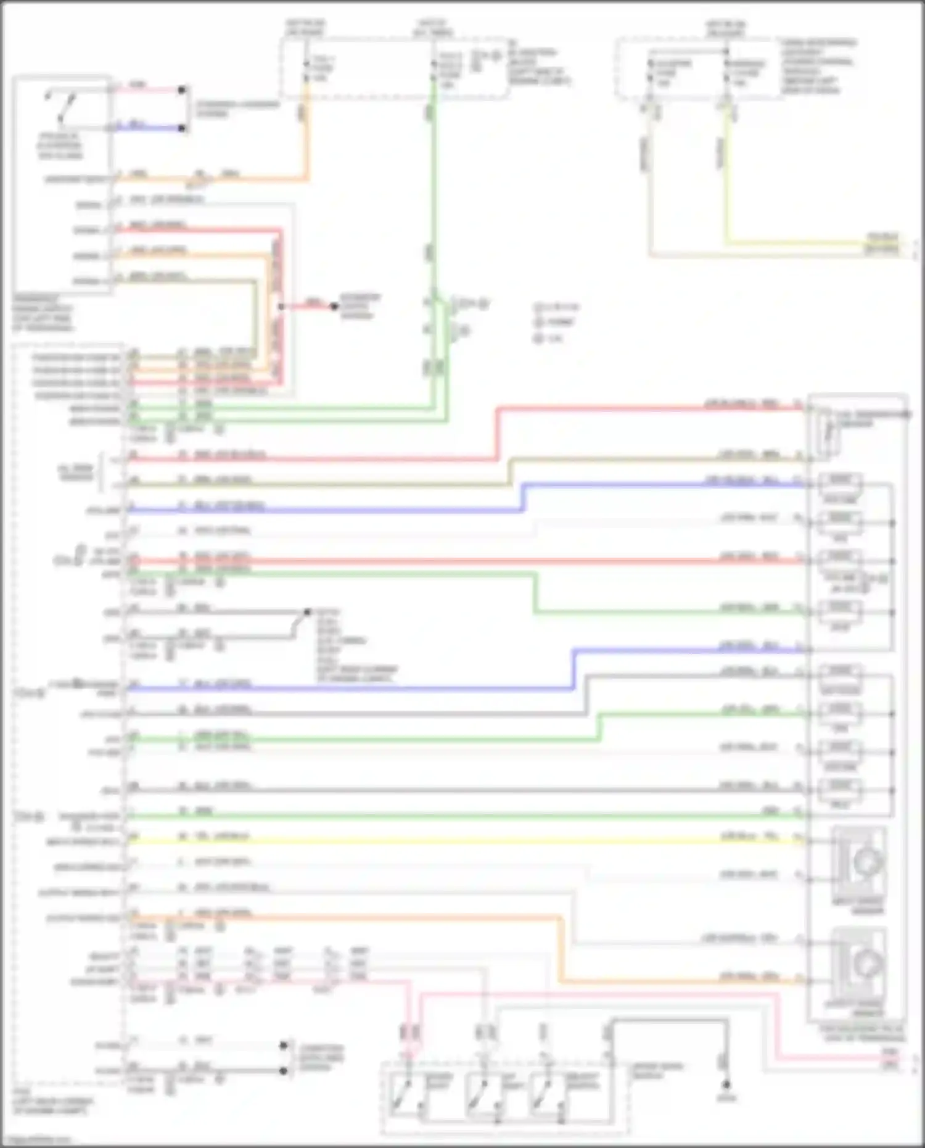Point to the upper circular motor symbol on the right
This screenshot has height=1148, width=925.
[x=868, y=861]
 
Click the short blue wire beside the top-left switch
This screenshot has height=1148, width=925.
[x=148, y=128]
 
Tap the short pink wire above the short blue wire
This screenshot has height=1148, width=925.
[x=148, y=89]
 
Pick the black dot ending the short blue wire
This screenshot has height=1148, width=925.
[x=182, y=128]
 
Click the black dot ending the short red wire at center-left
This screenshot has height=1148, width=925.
[x=334, y=307]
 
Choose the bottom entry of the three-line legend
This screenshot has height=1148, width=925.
[x=549, y=338]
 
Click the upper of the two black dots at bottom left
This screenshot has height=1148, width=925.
[x=284, y=1045]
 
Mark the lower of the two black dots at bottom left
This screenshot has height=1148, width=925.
[x=284, y=1070]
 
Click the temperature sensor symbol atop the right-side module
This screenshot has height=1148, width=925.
[x=828, y=432]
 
